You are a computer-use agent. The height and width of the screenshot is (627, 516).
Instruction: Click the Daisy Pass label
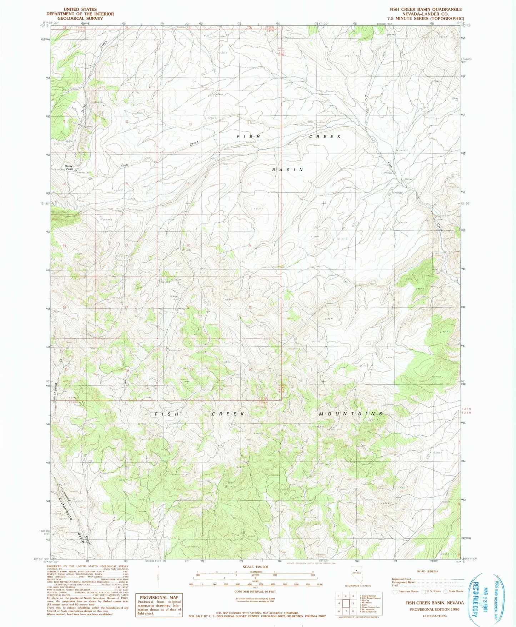(69, 167)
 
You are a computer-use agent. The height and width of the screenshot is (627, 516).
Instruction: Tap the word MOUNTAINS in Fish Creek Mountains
(351, 414)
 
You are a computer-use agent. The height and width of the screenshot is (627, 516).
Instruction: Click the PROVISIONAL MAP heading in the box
(159, 597)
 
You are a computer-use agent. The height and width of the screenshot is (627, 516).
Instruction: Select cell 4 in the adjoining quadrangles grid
(339, 603)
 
